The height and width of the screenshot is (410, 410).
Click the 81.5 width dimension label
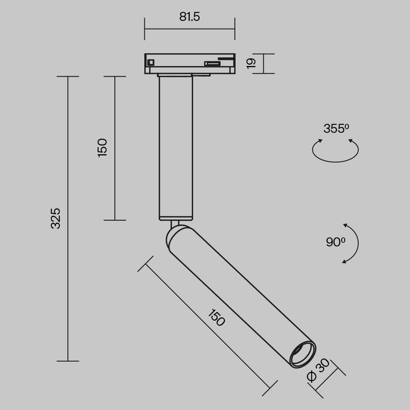(190, 17)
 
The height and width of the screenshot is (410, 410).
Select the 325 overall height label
(56, 218)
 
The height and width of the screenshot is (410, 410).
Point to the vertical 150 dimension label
(102, 147)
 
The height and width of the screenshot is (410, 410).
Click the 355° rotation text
(336, 129)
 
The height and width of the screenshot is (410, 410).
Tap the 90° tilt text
(335, 242)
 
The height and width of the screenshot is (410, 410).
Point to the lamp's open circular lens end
(302, 355)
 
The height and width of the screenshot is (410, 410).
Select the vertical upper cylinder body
(176, 148)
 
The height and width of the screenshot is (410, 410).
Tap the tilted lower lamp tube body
(239, 290)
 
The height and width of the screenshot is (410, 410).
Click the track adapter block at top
(190, 63)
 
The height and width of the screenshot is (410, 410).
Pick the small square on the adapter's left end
(150, 63)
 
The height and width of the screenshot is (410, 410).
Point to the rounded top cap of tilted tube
(177, 233)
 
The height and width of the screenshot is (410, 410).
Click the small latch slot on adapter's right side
(213, 64)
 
